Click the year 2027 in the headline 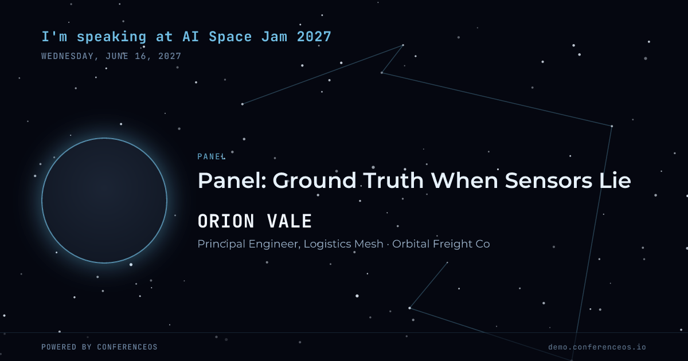tap(314, 37)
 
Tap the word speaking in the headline tap(111, 37)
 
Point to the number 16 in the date tap(141, 56)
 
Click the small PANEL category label tap(212, 156)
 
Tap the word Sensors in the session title tap(549, 180)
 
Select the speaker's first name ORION tap(226, 221)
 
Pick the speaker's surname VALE tap(290, 221)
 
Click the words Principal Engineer tap(249, 244)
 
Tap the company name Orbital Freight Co tap(441, 244)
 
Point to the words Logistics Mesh tap(343, 244)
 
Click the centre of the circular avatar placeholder tap(104, 201)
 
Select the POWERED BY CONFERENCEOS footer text tap(100, 347)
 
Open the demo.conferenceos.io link tap(597, 347)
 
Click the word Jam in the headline tap(274, 37)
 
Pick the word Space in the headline tap(230, 37)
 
